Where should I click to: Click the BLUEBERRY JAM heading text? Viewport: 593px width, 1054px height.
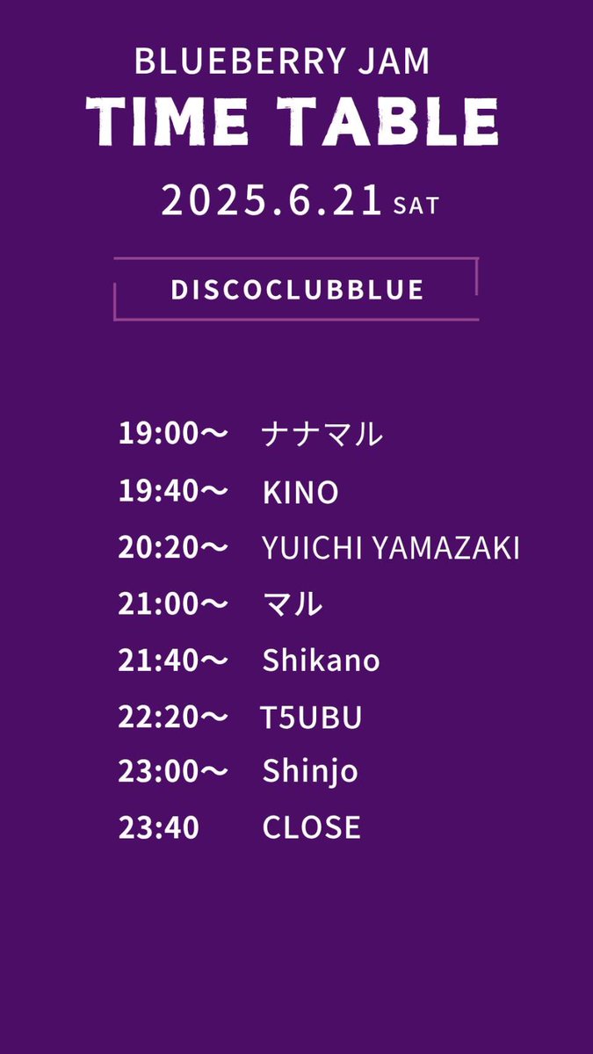[x=282, y=61]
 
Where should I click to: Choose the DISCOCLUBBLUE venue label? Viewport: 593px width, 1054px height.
[x=297, y=290]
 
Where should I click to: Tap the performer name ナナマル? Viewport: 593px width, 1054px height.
[x=322, y=434]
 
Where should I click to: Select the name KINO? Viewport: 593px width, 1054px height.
[x=300, y=493]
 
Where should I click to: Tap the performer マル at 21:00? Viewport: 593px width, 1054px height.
[x=293, y=604]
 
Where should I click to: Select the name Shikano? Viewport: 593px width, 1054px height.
[x=321, y=661]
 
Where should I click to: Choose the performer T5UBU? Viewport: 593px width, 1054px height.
[x=311, y=718]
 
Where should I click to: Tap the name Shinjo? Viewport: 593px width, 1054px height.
[x=310, y=772]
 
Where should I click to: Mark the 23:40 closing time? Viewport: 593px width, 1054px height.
[x=159, y=827]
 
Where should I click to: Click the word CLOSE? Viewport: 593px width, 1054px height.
[x=311, y=827]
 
